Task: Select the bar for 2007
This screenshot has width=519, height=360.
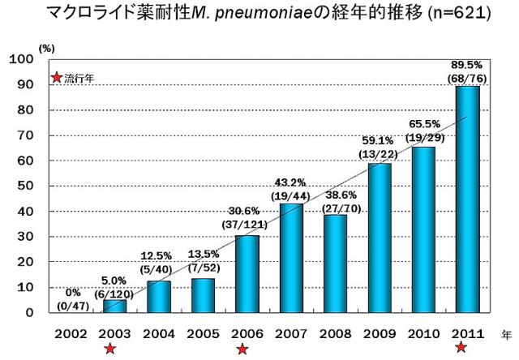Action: (291, 257)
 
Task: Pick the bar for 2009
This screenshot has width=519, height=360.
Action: (379, 237)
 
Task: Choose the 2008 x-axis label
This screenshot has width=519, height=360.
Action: (335, 332)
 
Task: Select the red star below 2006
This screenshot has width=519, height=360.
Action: (242, 349)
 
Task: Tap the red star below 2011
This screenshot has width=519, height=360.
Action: (461, 348)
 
